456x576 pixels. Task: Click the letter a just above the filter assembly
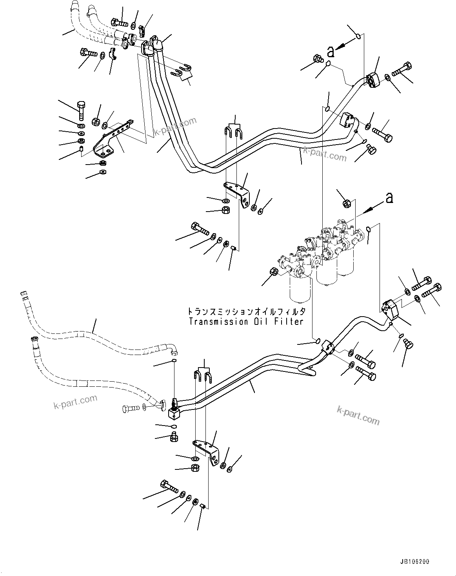(x=389, y=198)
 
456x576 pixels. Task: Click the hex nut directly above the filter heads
(x=347, y=203)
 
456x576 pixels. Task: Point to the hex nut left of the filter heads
(x=274, y=272)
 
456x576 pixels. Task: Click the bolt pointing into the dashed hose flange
(x=131, y=408)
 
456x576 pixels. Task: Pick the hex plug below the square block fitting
(x=174, y=437)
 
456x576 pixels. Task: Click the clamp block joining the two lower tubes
(x=328, y=347)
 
